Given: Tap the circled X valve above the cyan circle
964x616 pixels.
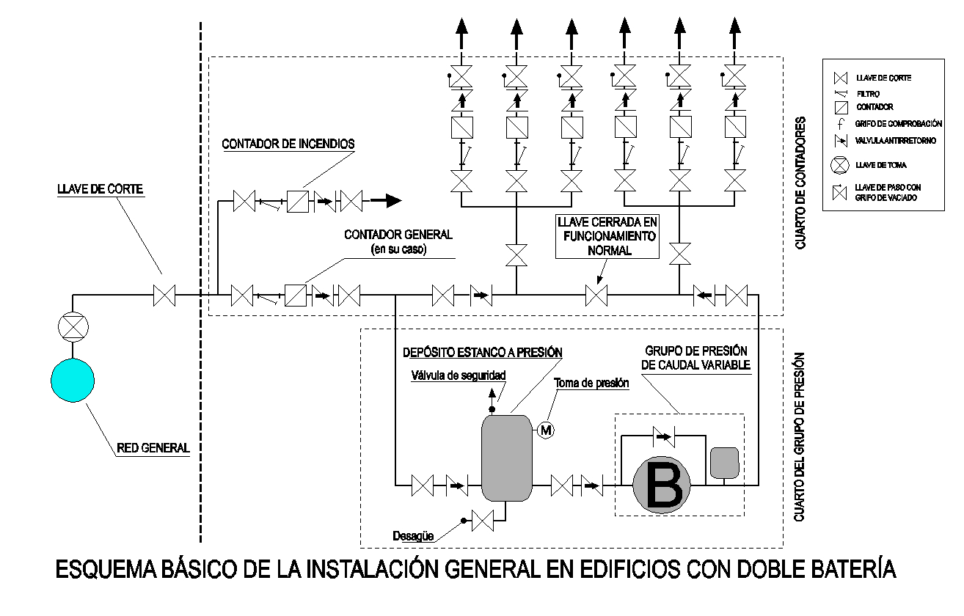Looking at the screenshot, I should point(73,326).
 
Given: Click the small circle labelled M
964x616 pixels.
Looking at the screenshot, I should point(546,430).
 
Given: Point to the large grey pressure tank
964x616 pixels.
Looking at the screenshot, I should point(506,458).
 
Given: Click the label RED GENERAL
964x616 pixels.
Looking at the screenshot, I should point(153,448).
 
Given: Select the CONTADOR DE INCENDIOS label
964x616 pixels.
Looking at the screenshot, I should point(288,144).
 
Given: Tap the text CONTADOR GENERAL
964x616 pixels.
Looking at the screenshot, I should point(398,235).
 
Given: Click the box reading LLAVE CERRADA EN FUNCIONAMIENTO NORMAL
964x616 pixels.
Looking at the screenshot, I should point(608,237).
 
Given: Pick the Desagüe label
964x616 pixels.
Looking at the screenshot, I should point(413,536).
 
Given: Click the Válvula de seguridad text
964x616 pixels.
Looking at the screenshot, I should point(459,375).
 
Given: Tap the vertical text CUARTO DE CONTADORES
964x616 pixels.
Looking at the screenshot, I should point(801,183).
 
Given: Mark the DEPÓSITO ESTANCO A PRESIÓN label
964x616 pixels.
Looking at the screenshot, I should point(483,352).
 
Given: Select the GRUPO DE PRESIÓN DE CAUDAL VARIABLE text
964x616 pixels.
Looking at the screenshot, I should point(696,357).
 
